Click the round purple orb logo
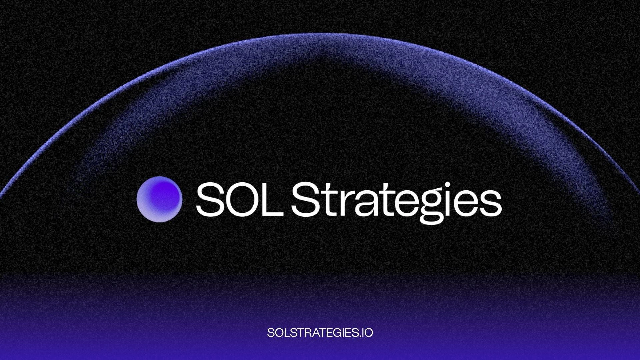click(159, 199)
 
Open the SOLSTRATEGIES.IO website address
click(320, 332)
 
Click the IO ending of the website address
click(368, 332)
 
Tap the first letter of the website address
click(270, 332)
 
